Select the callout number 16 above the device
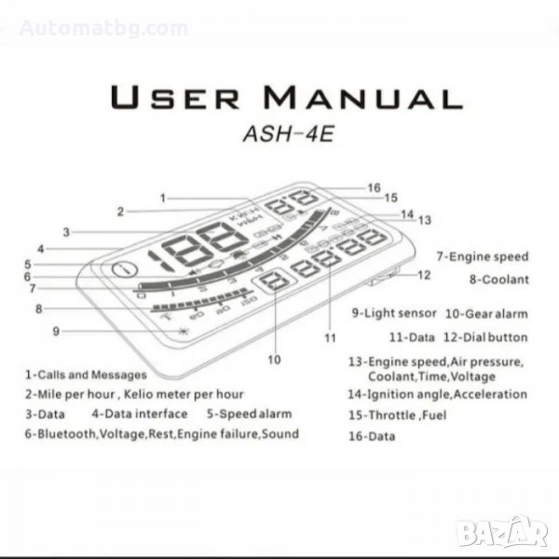coord(374,187)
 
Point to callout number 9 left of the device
coord(56,329)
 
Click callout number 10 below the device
coord(274,357)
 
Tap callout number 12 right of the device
coord(424,275)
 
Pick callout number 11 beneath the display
coord(329,336)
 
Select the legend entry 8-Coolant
coord(498,279)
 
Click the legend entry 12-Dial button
coord(484,337)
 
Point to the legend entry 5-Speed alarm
coord(249,414)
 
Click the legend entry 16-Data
coord(371,436)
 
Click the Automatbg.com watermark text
coord(103,29)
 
